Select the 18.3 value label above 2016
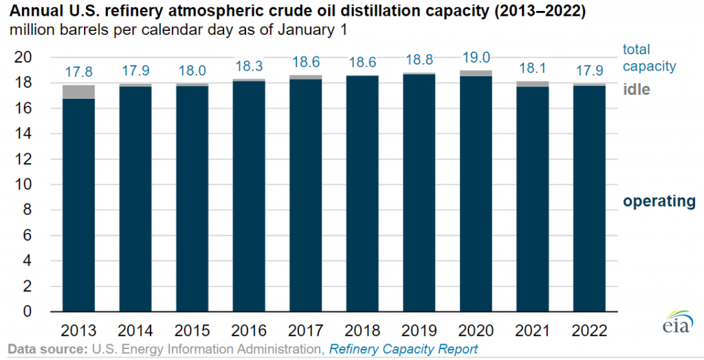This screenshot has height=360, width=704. point(250,67)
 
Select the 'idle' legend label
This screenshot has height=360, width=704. point(637,90)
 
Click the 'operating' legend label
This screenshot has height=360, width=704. point(659,201)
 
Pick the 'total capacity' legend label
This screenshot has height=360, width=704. point(649,58)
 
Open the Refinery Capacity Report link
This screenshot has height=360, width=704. point(403,350)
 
